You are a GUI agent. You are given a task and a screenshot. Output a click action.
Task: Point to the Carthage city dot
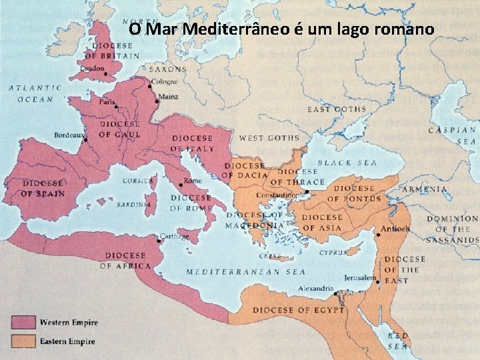click(x=158, y=240)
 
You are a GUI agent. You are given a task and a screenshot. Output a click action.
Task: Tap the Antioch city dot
click(x=378, y=235)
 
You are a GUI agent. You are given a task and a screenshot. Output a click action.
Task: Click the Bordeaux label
click(x=69, y=135)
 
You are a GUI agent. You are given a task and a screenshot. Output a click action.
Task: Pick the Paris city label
click(x=107, y=103)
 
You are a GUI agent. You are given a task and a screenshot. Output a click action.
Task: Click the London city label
click(x=92, y=68)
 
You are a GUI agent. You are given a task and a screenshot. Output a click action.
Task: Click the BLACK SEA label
click(x=347, y=163)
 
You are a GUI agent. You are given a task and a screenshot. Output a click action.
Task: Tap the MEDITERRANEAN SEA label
click(x=245, y=271)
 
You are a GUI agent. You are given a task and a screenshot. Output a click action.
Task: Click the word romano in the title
click(x=403, y=29)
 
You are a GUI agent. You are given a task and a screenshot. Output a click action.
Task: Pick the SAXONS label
click(x=168, y=69)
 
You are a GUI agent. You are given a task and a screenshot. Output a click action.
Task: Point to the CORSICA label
click(x=137, y=181)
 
